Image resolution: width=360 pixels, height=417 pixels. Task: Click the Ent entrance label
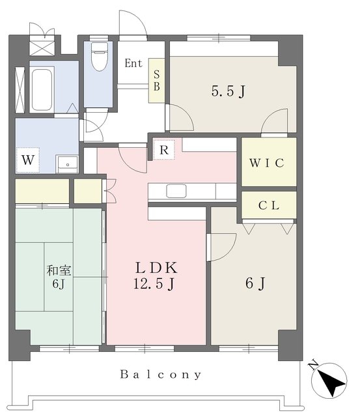point(133,63)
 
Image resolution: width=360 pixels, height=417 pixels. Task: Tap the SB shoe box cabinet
point(156,81)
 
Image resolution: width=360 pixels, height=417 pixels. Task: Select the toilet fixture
point(100,57)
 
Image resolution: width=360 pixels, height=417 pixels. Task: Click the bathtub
point(42,90)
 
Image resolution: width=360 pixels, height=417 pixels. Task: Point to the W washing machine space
point(27,160)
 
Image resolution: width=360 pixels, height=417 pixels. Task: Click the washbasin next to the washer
point(67,164)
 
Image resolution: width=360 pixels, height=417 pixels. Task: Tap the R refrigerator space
point(164,150)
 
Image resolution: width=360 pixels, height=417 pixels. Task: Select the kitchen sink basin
point(176,191)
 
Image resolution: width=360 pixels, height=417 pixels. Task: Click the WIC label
point(267,163)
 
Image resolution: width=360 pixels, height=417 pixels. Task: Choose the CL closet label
point(269,205)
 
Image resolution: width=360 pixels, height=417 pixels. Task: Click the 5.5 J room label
point(228,91)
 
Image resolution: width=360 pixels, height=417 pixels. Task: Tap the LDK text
point(156,268)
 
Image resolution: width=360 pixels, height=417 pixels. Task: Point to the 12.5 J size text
point(154,283)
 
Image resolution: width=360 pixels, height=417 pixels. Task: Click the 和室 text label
point(59,270)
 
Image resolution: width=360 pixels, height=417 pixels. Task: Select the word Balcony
point(161,375)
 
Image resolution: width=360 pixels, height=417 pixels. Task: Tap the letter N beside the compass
point(314,365)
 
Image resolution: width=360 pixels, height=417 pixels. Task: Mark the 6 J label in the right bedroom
point(255,283)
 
